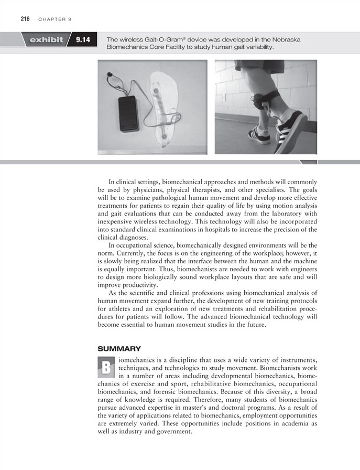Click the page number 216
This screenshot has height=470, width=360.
[25, 19]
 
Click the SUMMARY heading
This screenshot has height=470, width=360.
[119, 348]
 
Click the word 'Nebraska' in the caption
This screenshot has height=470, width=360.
[286, 40]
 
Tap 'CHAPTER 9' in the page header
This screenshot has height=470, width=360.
[54, 19]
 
